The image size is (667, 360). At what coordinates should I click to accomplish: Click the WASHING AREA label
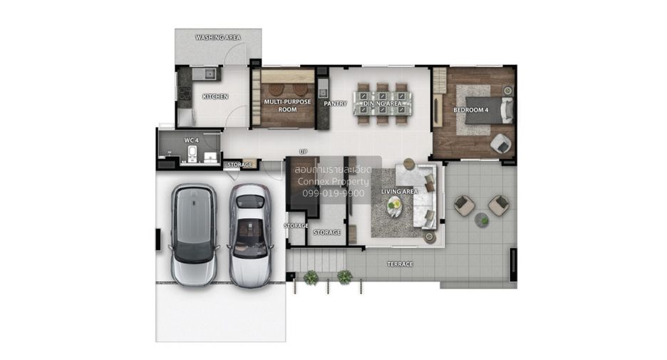[218, 38]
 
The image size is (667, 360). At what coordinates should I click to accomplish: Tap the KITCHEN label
[215, 97]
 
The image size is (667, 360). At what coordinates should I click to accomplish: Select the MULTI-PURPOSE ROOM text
[288, 106]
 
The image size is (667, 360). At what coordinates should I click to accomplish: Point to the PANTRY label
[335, 103]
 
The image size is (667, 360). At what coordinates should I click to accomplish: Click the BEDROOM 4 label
[471, 110]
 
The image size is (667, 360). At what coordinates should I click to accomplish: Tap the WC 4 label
[191, 140]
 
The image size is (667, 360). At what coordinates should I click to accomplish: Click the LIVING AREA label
[400, 192]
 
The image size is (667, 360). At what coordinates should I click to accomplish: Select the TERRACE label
[400, 264]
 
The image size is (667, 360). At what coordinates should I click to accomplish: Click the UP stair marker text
[303, 152]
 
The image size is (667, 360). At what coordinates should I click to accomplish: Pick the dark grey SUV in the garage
[194, 235]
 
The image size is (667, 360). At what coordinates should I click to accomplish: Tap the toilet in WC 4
[192, 153]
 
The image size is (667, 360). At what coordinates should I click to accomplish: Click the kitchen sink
[210, 74]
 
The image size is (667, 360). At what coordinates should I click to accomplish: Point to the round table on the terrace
[482, 220]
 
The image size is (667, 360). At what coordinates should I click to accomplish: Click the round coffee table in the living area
[394, 207]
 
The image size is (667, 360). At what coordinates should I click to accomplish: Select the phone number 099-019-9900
[333, 194]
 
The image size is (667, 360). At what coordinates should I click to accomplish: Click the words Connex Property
[333, 182]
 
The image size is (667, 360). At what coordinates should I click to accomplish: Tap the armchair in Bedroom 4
[501, 144]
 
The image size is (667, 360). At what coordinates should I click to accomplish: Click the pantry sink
[323, 92]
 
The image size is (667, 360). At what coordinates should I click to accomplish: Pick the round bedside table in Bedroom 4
[507, 91]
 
